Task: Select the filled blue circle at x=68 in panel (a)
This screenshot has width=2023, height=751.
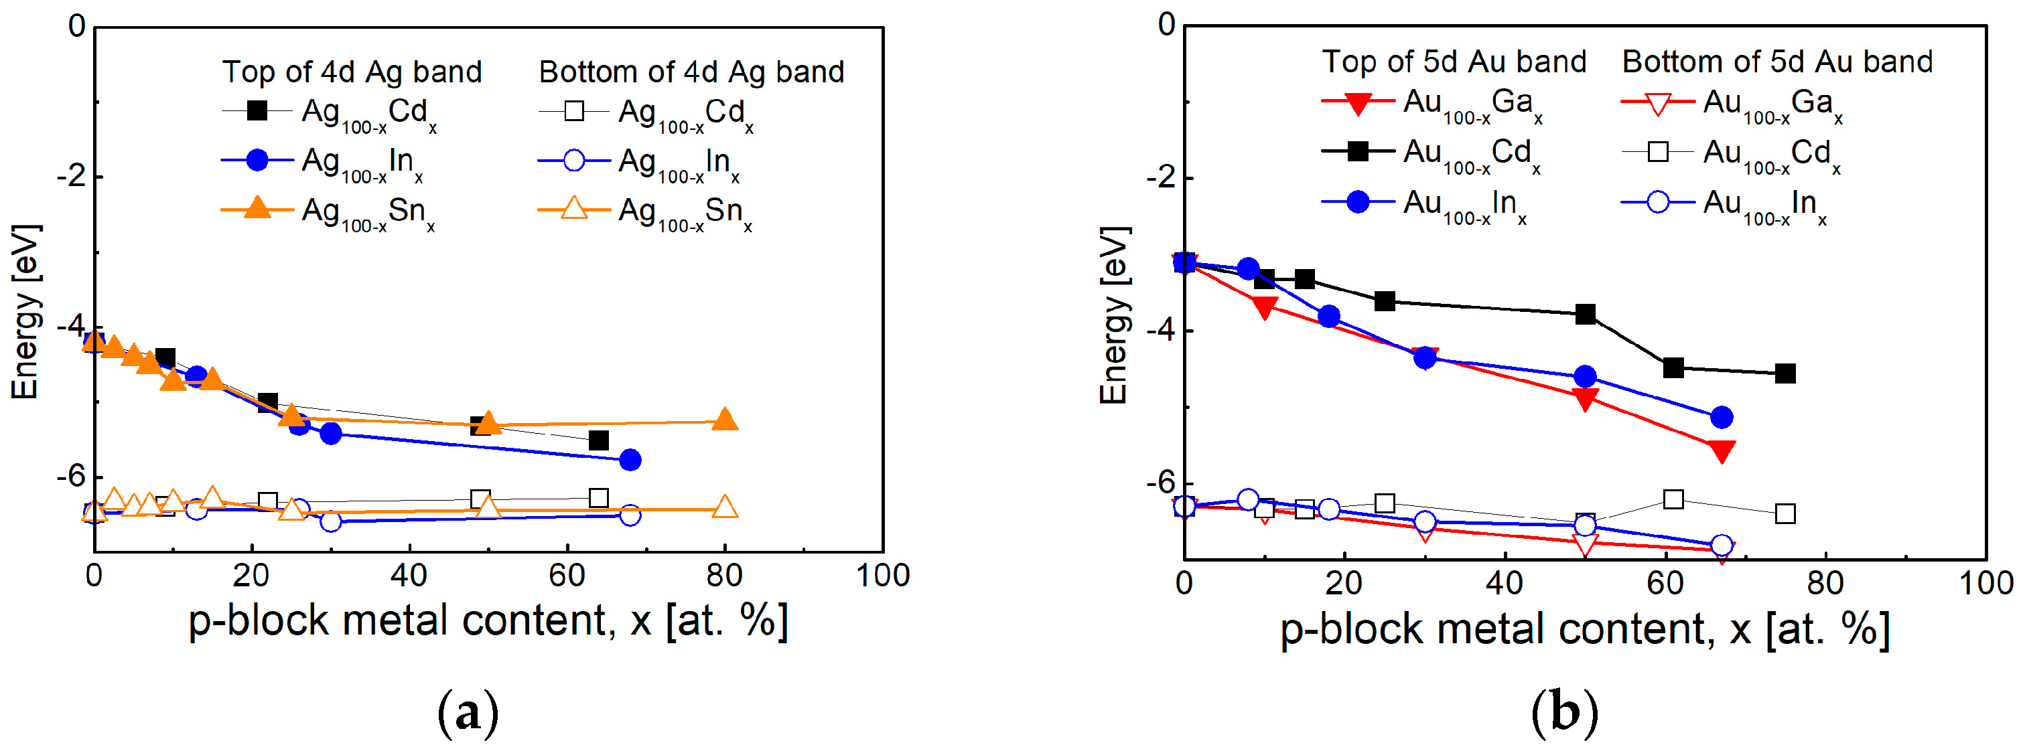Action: [630, 460]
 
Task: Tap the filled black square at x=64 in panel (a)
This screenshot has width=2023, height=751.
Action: [598, 440]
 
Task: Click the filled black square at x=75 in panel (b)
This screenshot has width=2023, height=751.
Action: [1785, 373]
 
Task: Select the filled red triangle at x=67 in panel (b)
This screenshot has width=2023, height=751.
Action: [1722, 450]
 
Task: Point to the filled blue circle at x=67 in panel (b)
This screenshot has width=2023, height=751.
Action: [1722, 418]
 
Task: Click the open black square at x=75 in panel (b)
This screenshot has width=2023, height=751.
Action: [1785, 514]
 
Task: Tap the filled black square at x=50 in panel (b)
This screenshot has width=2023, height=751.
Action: [1586, 315]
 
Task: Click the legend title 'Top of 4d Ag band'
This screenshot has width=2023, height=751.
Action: [352, 72]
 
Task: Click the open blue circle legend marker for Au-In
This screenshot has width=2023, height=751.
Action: [1657, 202]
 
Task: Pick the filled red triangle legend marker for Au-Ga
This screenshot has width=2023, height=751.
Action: [1358, 103]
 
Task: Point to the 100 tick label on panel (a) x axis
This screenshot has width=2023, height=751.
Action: [883, 576]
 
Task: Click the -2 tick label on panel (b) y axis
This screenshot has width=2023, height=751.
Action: [1160, 178]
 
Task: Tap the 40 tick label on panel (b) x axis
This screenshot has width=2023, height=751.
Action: [1505, 583]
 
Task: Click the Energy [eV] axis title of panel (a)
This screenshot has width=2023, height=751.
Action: [25, 313]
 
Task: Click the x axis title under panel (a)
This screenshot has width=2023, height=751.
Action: [488, 622]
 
